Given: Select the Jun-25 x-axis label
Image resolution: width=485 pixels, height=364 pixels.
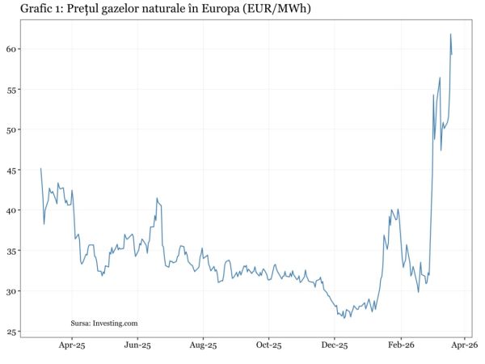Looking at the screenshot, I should [137, 345].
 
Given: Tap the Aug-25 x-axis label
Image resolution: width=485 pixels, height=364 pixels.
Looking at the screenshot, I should [203, 345].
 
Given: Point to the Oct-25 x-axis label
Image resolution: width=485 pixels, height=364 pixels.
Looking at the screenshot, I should [268, 345].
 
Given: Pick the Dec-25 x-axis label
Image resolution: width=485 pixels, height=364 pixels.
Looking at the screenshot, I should [334, 345].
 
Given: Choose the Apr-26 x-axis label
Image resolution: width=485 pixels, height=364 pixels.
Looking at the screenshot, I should [465, 345].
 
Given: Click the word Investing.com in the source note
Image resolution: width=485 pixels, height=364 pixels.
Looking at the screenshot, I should [116, 323].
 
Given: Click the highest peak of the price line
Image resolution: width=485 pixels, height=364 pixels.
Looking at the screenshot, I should [450, 34].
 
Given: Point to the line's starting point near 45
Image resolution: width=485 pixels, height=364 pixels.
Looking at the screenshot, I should [40, 168].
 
